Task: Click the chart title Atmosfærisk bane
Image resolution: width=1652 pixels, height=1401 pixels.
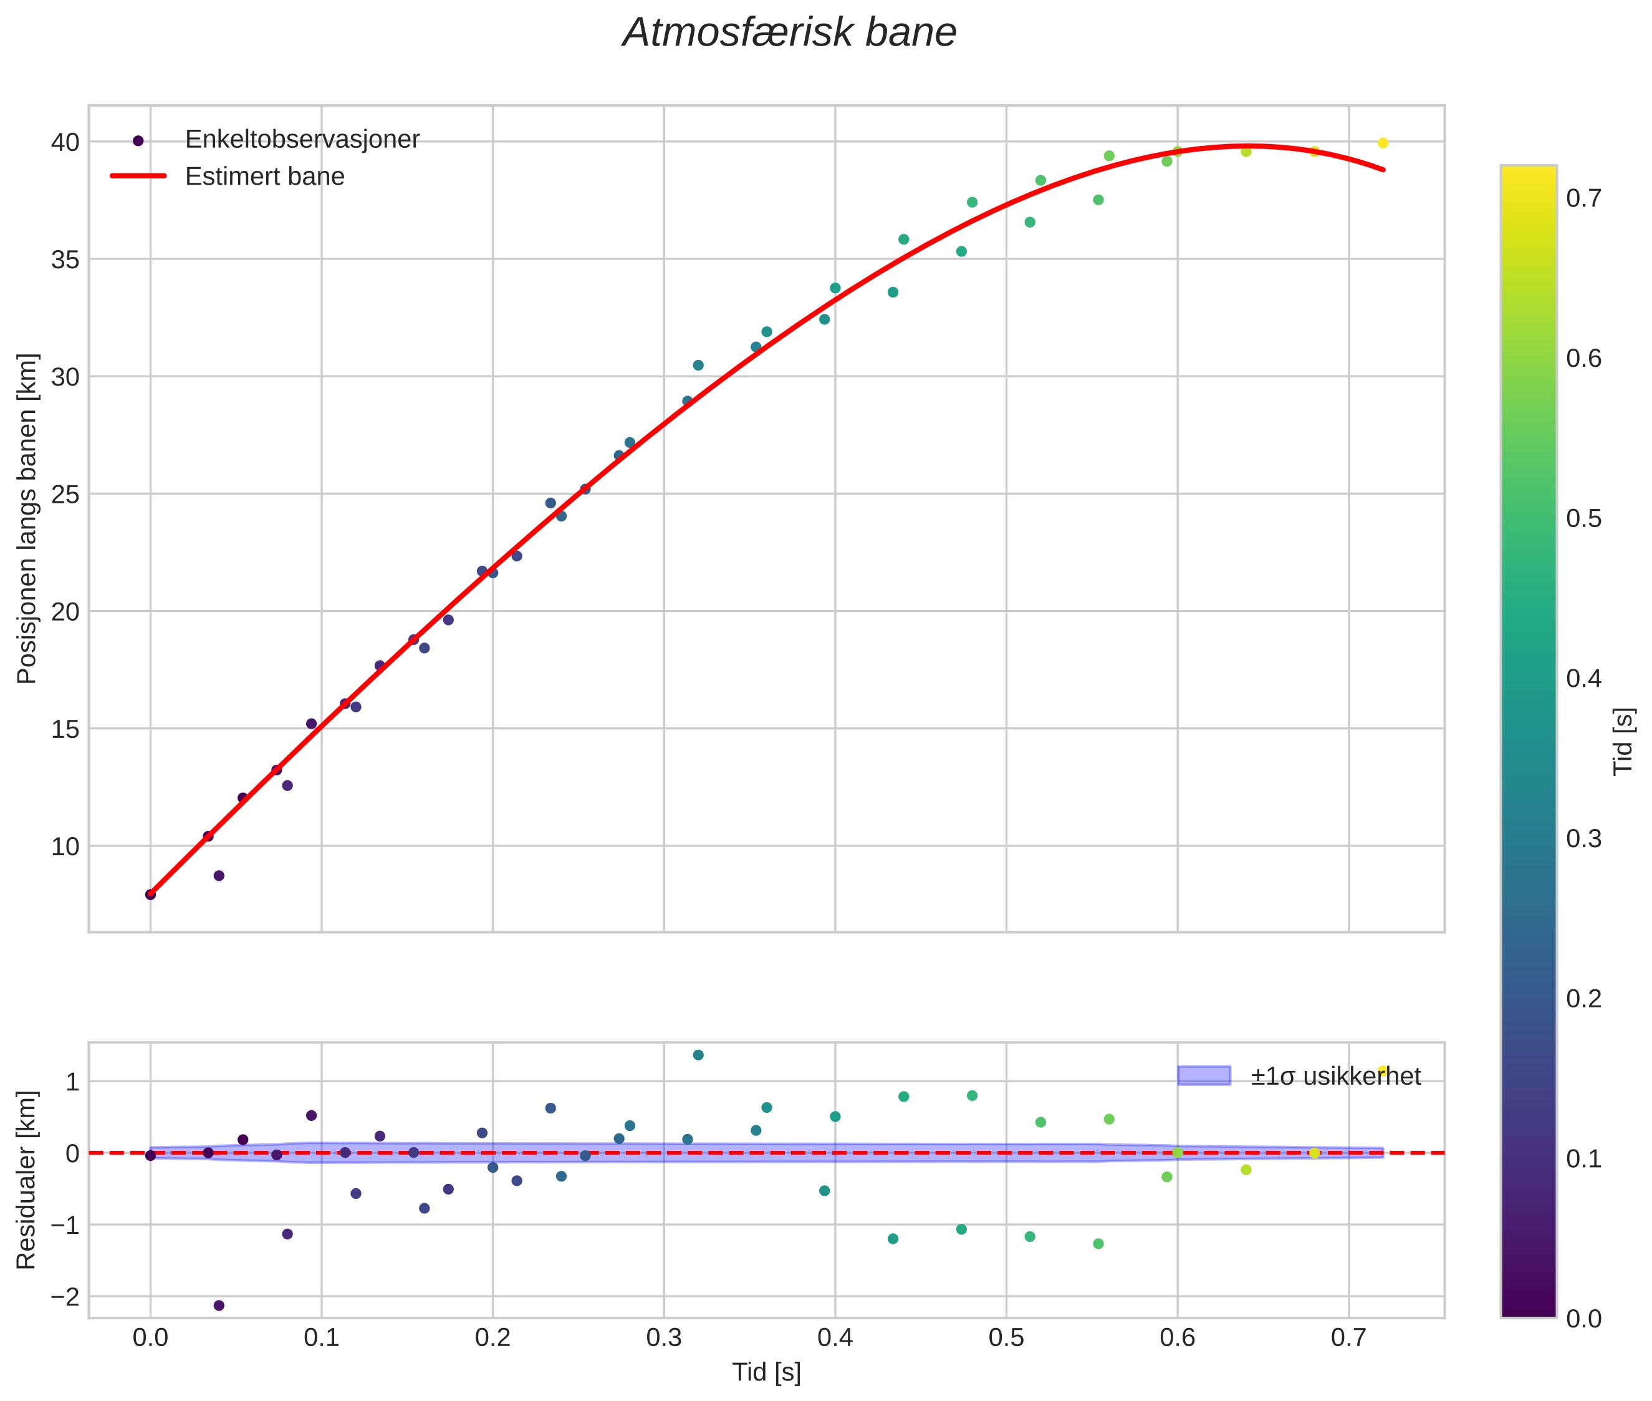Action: [789, 33]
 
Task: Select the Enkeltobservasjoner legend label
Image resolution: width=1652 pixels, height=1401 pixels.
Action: [302, 140]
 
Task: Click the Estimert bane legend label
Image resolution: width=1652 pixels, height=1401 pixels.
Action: [264, 177]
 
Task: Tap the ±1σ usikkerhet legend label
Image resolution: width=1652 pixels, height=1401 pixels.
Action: [1335, 1076]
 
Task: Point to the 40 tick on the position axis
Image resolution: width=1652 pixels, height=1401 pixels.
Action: [65, 142]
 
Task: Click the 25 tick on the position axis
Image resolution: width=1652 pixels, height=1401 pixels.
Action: [65, 495]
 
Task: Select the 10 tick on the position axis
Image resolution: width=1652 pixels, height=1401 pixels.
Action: [65, 846]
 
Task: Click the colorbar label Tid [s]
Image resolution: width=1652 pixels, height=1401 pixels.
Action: [1624, 741]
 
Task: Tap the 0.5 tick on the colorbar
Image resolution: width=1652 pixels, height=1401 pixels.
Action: [1583, 518]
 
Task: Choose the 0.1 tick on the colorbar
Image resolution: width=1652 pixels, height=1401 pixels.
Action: [1583, 1159]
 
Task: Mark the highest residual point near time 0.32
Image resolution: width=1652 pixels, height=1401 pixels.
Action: [698, 1055]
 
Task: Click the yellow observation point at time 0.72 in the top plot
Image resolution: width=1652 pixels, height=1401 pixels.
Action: [1383, 143]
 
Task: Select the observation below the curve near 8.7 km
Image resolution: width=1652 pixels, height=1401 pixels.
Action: [219, 875]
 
